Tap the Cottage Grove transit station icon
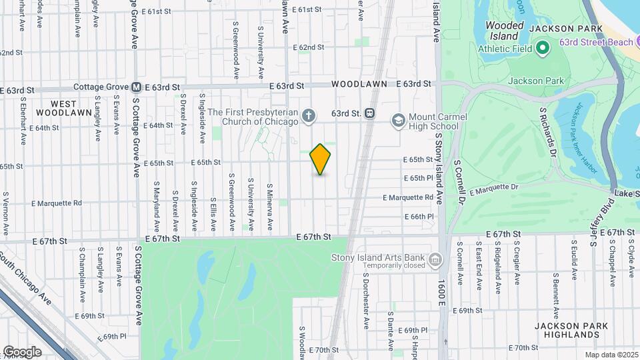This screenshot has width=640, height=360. pos(136,87)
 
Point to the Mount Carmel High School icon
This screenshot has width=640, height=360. pos(399,121)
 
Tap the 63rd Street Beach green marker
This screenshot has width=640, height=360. pos(543,47)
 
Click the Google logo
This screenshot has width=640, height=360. pos(21,351)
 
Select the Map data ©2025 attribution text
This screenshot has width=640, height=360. pos(611,355)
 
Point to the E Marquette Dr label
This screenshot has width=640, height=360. pos(493,190)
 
